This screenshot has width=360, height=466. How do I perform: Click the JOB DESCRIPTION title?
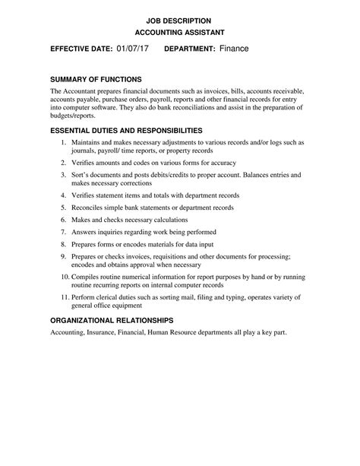point(179,20)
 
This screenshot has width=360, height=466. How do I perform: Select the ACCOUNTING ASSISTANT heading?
point(179,33)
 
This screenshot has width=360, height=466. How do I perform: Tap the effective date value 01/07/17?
point(133,49)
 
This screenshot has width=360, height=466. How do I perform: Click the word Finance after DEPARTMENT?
point(234,49)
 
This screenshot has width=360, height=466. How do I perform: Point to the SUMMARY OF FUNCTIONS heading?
point(96,79)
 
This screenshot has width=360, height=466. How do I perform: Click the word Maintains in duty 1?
point(88,142)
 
